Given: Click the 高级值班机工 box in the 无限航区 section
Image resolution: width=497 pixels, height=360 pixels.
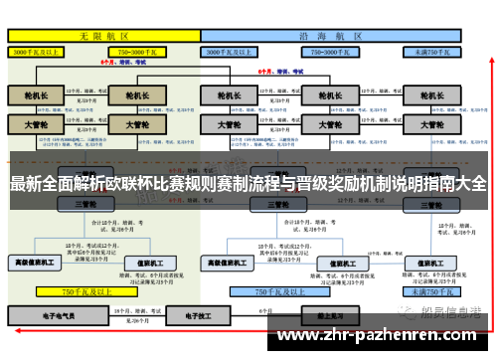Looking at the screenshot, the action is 36,262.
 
